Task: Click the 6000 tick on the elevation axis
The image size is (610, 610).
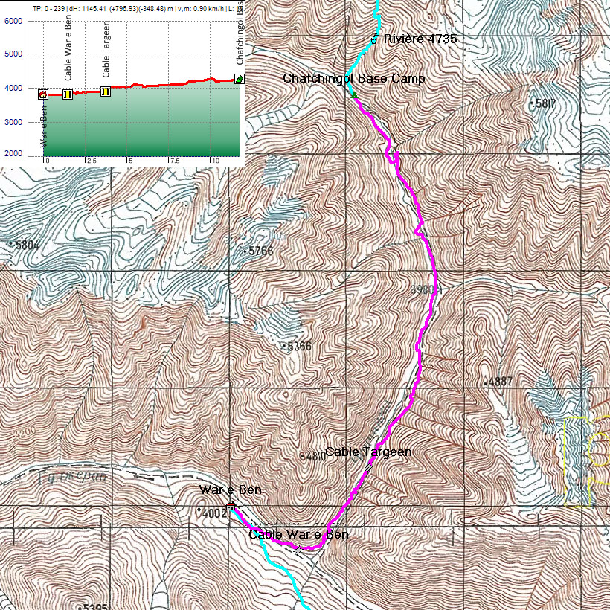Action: [13, 21]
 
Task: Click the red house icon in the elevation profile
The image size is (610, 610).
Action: [43, 94]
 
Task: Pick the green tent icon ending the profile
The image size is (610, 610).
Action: [240, 79]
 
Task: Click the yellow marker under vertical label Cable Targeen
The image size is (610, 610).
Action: [106, 91]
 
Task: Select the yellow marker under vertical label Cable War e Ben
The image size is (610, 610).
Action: [68, 94]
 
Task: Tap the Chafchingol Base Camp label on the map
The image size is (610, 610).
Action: [353, 78]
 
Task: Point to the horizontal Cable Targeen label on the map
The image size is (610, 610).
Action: [368, 452]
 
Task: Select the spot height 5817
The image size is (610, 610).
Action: [545, 103]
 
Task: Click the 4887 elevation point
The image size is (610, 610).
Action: [501, 382]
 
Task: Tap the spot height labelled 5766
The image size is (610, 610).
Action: [260, 251]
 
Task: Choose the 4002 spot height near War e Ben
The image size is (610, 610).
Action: [214, 513]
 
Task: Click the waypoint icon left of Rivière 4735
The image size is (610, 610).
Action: [374, 39]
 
